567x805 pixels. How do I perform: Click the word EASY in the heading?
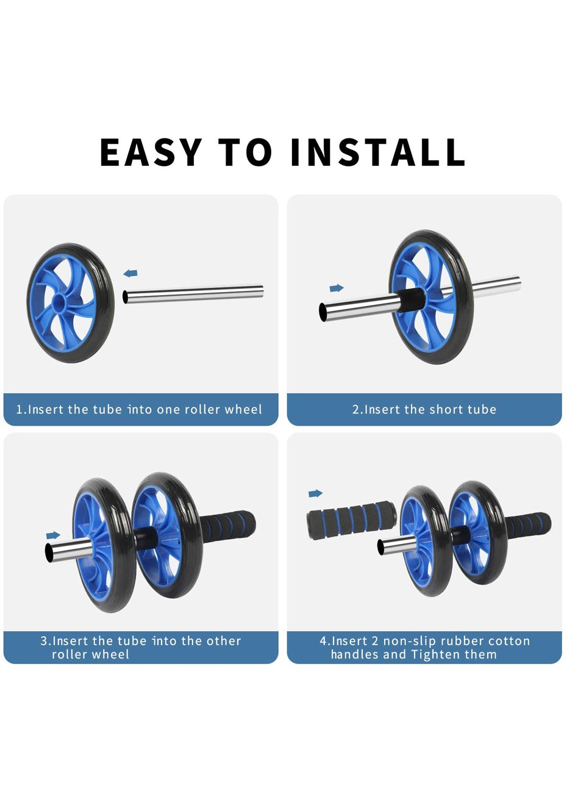point(151,152)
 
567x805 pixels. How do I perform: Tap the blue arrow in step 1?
point(130,273)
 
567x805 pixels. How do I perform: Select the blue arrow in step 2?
point(337,288)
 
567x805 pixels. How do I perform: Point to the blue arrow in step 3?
point(53,535)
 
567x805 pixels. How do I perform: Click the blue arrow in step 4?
point(315,493)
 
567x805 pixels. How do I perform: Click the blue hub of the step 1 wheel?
point(59,300)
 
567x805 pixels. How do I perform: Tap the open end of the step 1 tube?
point(125,297)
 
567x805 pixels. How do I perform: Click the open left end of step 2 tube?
point(323,311)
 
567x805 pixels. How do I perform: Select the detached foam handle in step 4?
point(351,520)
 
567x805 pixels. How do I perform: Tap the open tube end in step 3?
point(49,553)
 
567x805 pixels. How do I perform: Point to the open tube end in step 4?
point(381,547)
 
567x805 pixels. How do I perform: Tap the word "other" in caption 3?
point(224,641)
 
